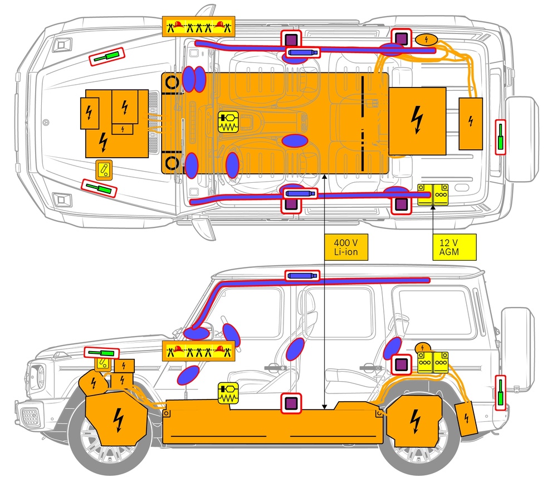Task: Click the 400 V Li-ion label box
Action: click(346, 247)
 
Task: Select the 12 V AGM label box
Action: click(455, 247)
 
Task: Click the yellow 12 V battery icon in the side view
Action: click(433, 362)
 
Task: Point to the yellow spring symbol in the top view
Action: click(228, 122)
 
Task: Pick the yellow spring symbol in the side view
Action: click(228, 393)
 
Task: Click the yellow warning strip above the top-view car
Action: click(199, 26)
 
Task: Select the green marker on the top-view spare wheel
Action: click(501, 137)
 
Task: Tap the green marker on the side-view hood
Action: click(101, 353)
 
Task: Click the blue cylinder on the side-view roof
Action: click(302, 275)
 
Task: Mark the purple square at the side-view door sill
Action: click(291, 403)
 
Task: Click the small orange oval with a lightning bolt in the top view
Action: click(426, 40)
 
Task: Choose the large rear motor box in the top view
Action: click(417, 121)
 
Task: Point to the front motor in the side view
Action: click(116, 418)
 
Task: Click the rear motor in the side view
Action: click(414, 421)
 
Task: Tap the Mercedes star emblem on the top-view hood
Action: click(46, 123)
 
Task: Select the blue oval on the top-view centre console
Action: click(295, 141)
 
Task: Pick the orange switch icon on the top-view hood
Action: click(104, 169)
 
